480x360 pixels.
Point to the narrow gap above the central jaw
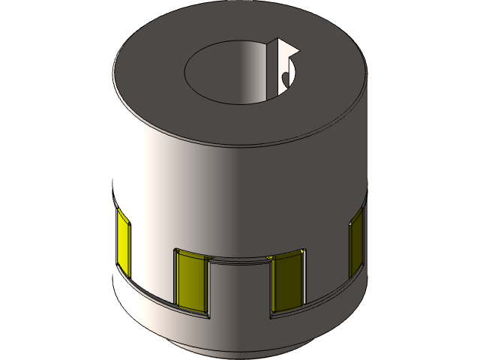[x=238, y=258]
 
